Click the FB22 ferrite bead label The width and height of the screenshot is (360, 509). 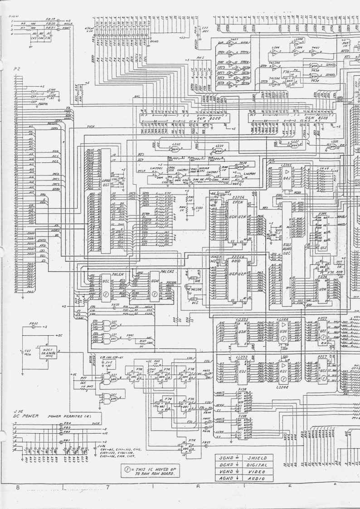point(33,324)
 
